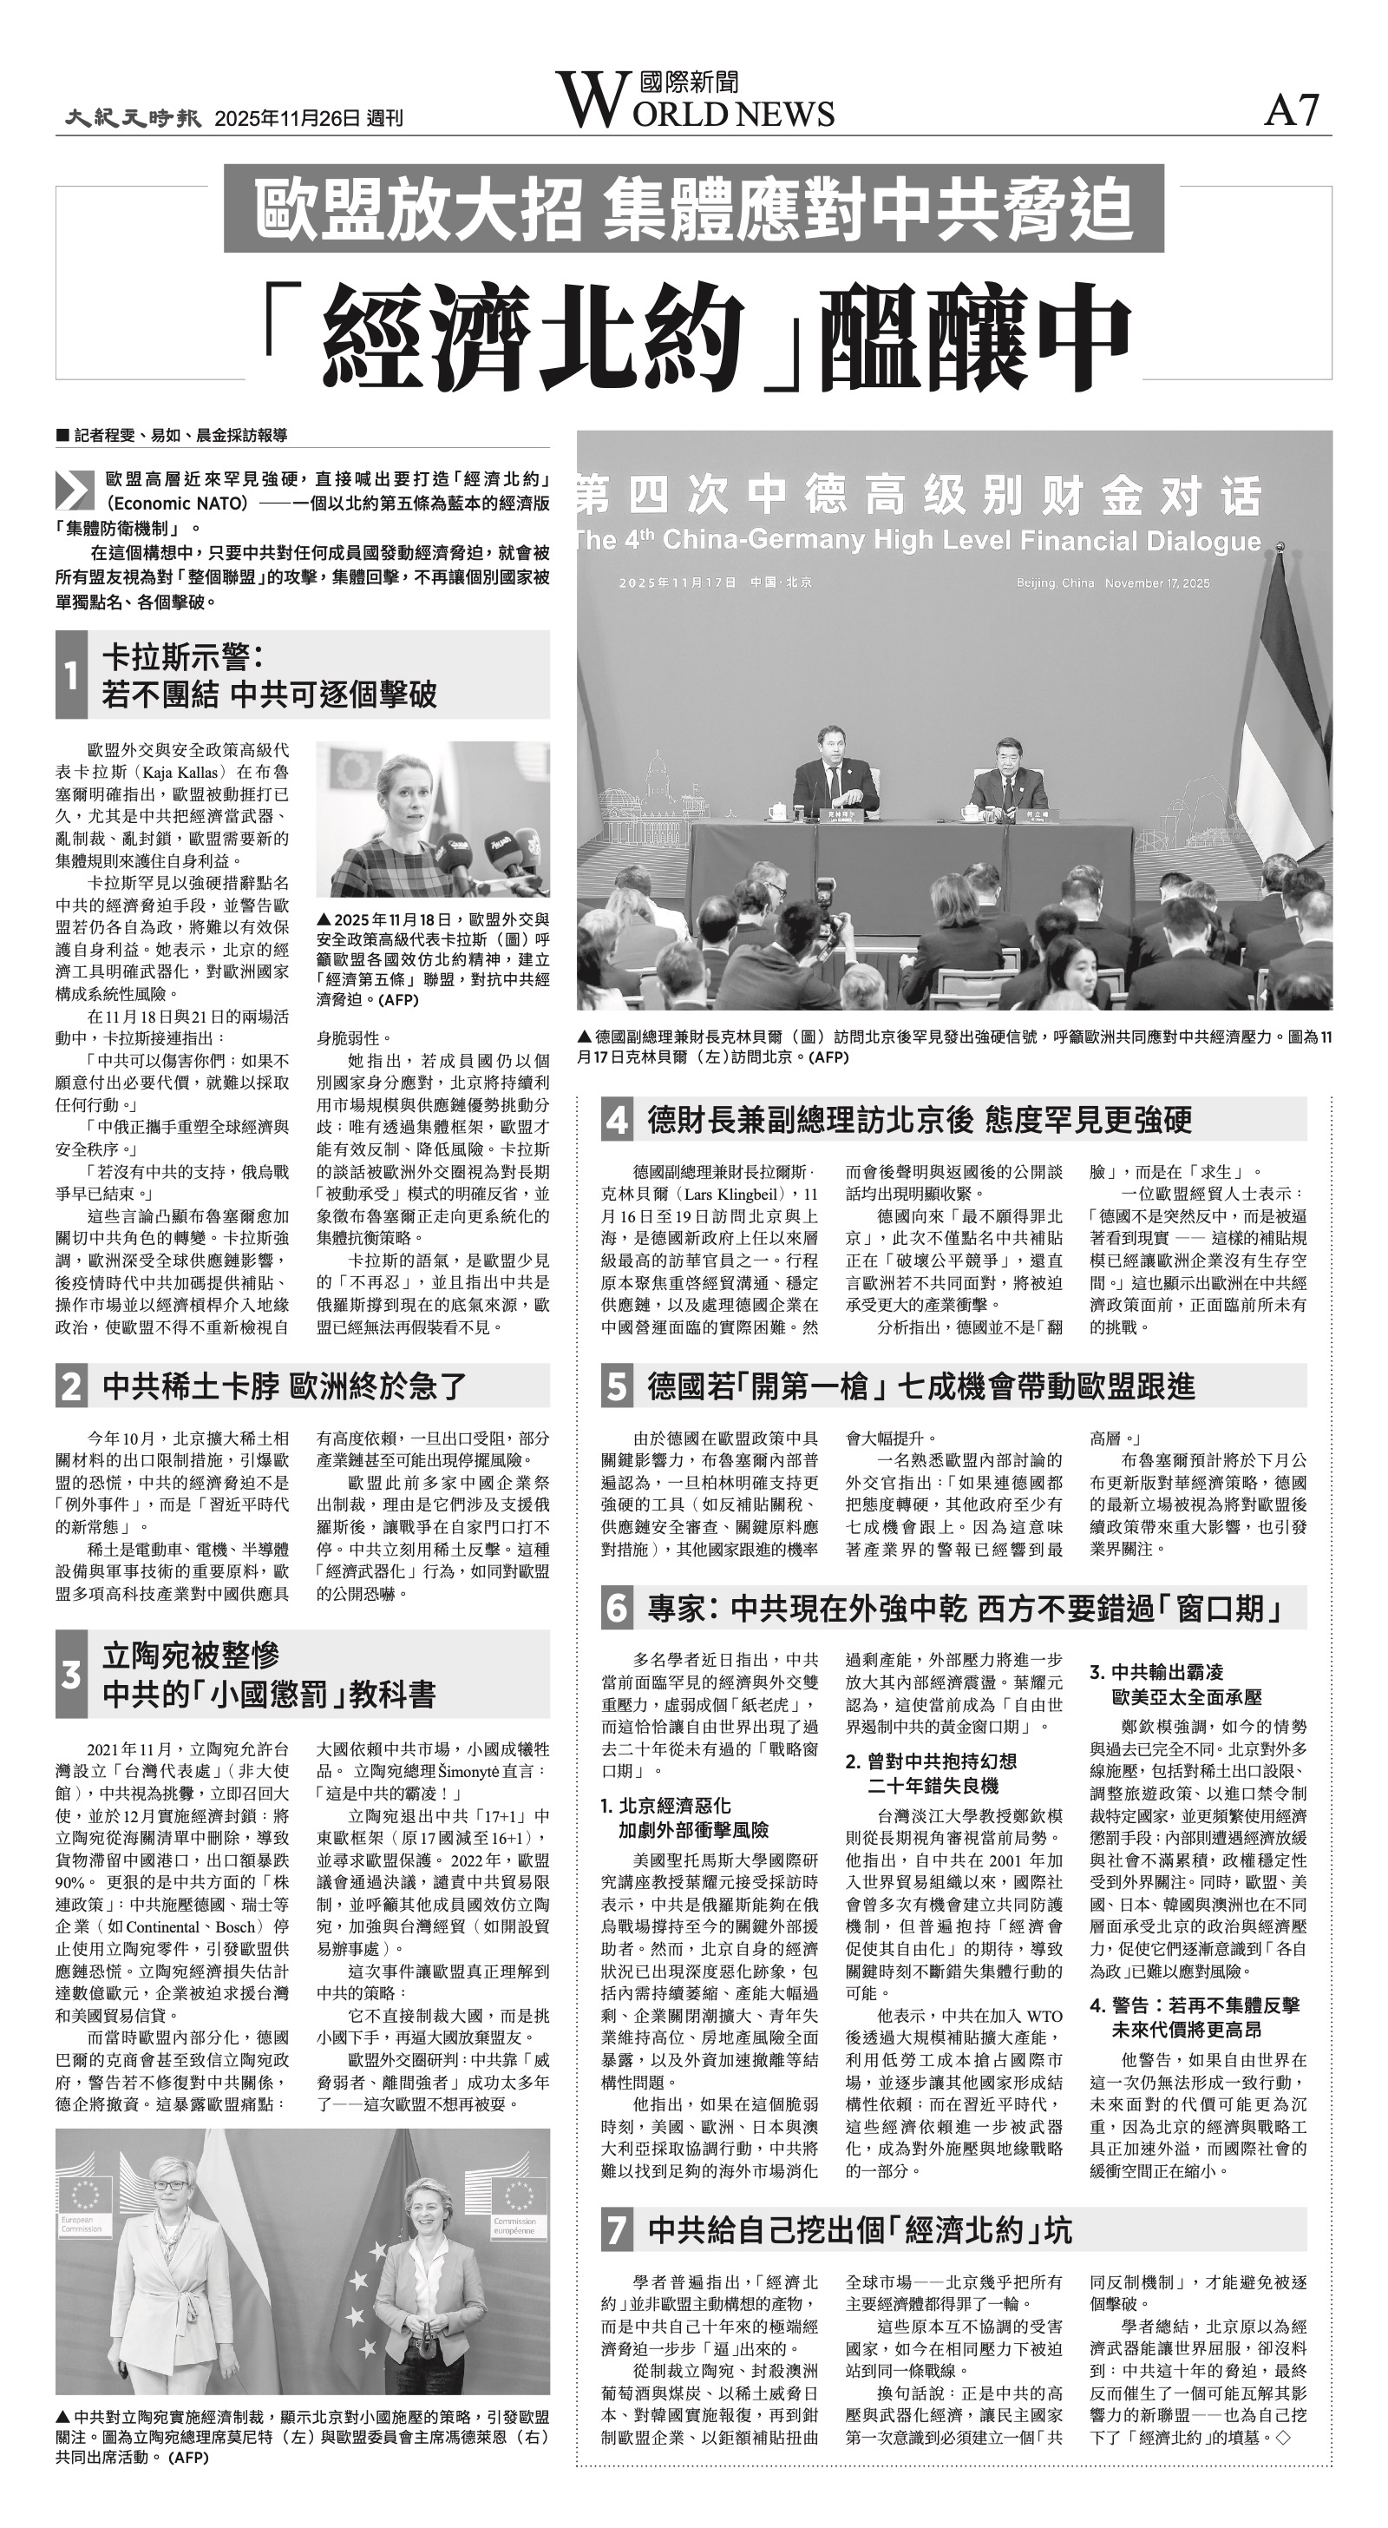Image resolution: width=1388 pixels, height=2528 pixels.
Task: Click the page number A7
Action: coord(1292,110)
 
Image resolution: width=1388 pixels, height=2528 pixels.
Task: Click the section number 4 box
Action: coord(617,1120)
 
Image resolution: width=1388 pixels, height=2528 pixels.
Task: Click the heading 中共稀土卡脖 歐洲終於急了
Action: coord(285,1386)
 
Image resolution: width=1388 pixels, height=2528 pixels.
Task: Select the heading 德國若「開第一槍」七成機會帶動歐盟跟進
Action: coord(920,1386)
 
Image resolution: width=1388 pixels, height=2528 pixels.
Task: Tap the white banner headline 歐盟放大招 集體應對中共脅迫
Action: coord(693,209)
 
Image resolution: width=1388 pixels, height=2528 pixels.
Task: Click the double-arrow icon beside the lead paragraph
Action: coord(75,489)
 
